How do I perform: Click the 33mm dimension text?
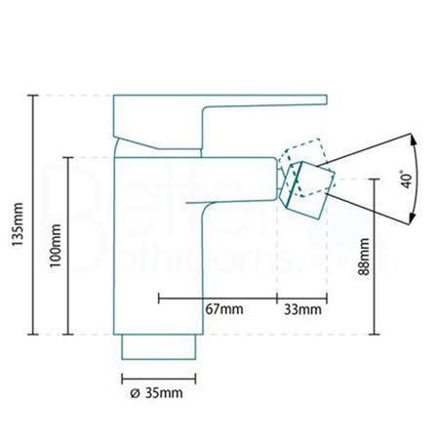tap(304, 309)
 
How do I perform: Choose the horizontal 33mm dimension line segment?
tap(302, 296)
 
